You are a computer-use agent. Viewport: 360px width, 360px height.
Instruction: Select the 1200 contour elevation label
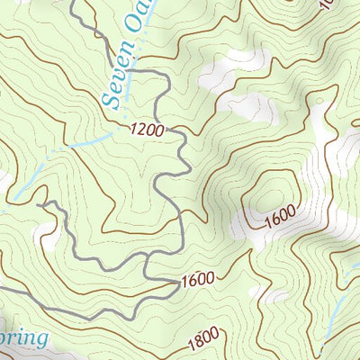pyautogui.click(x=147, y=130)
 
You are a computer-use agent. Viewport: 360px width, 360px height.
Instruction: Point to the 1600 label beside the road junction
pyautogui.click(x=197, y=279)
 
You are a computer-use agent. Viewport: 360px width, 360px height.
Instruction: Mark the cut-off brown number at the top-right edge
pyautogui.click(x=327, y=4)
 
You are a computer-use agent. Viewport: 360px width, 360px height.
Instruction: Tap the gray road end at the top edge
pyautogui.click(x=72, y=3)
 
